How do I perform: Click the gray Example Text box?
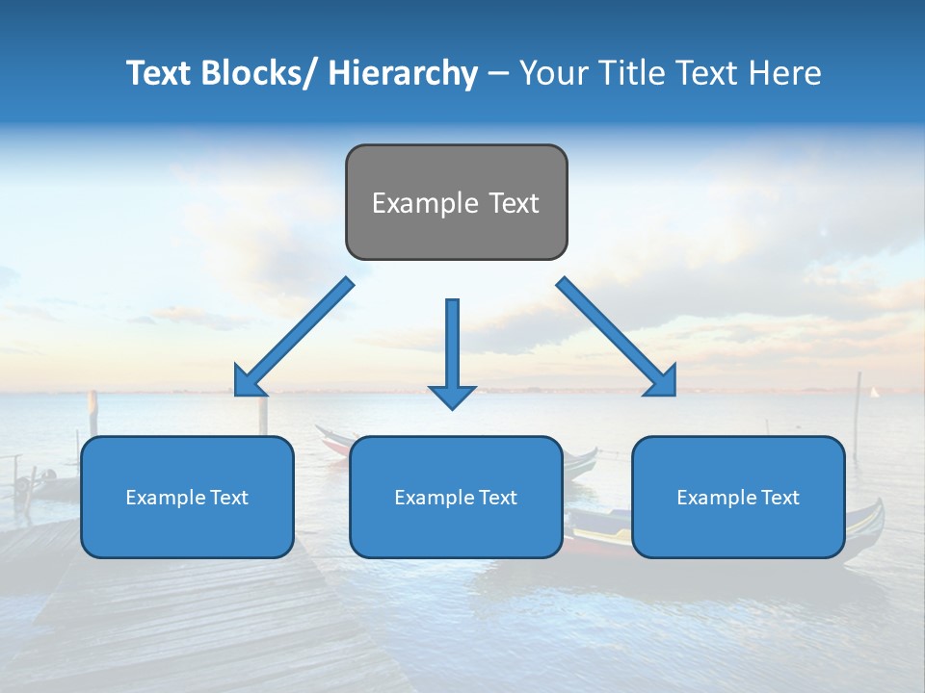(x=456, y=202)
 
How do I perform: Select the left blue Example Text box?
(x=187, y=497)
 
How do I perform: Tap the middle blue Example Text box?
(x=456, y=497)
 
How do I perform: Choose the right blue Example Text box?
(x=738, y=497)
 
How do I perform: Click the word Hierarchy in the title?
(x=403, y=73)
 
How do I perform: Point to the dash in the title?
(x=498, y=74)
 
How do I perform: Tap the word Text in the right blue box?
(x=780, y=497)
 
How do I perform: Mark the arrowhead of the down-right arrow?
(x=663, y=382)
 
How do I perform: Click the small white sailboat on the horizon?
(x=875, y=392)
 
